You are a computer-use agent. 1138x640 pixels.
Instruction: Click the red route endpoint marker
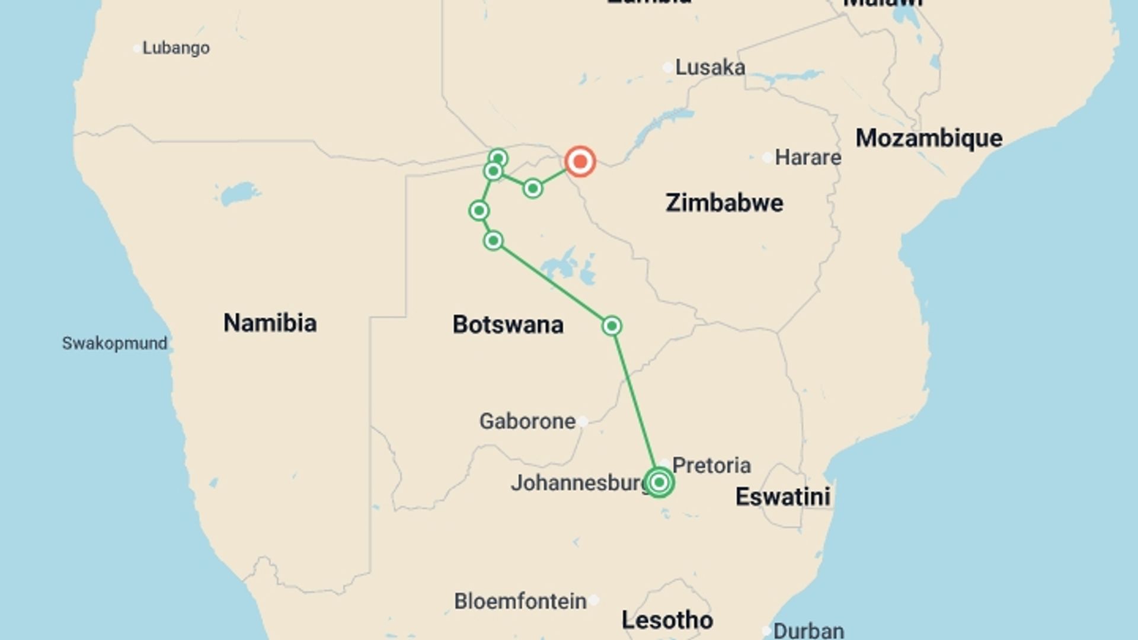click(580, 161)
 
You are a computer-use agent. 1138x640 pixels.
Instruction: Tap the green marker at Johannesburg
click(658, 482)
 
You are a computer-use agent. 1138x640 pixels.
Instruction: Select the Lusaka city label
click(710, 68)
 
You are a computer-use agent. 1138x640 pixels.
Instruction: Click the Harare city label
click(808, 158)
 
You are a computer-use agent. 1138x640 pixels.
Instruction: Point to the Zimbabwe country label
click(724, 203)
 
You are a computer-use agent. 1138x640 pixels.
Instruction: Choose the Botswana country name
click(508, 325)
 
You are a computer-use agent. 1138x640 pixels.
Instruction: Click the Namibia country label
click(270, 323)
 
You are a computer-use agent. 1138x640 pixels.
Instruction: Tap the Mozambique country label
click(929, 138)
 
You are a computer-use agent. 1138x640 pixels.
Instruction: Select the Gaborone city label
click(527, 421)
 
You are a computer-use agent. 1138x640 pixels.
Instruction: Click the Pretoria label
click(711, 465)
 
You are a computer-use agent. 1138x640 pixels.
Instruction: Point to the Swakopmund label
click(114, 343)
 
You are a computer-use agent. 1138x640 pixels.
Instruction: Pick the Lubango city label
click(175, 48)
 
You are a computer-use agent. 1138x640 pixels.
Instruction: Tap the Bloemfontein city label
click(520, 601)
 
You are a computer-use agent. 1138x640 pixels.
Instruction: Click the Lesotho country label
click(667, 620)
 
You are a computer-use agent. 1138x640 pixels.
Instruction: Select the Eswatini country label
click(782, 497)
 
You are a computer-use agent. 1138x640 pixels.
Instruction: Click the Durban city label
click(808, 631)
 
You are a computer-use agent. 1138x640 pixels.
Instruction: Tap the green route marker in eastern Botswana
click(612, 326)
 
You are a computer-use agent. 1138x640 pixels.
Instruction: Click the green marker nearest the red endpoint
click(532, 188)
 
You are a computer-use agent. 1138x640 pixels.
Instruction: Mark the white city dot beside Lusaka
click(668, 68)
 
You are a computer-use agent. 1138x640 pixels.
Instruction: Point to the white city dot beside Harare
click(768, 158)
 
